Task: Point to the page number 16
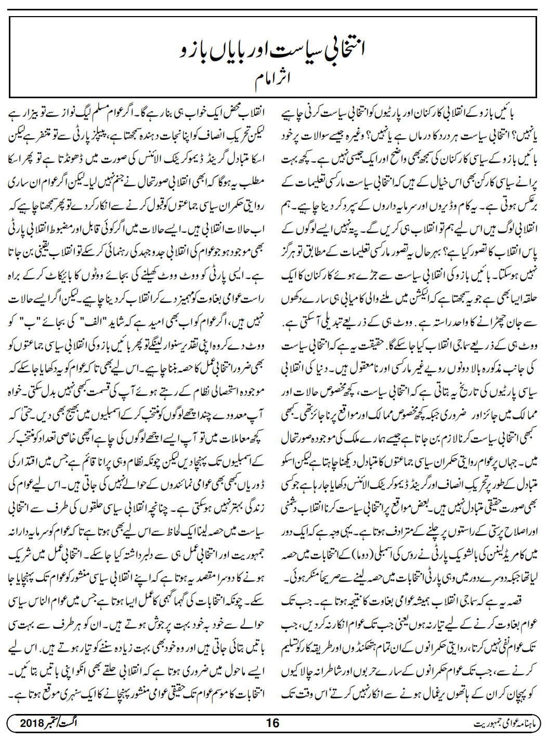point(272,723)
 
